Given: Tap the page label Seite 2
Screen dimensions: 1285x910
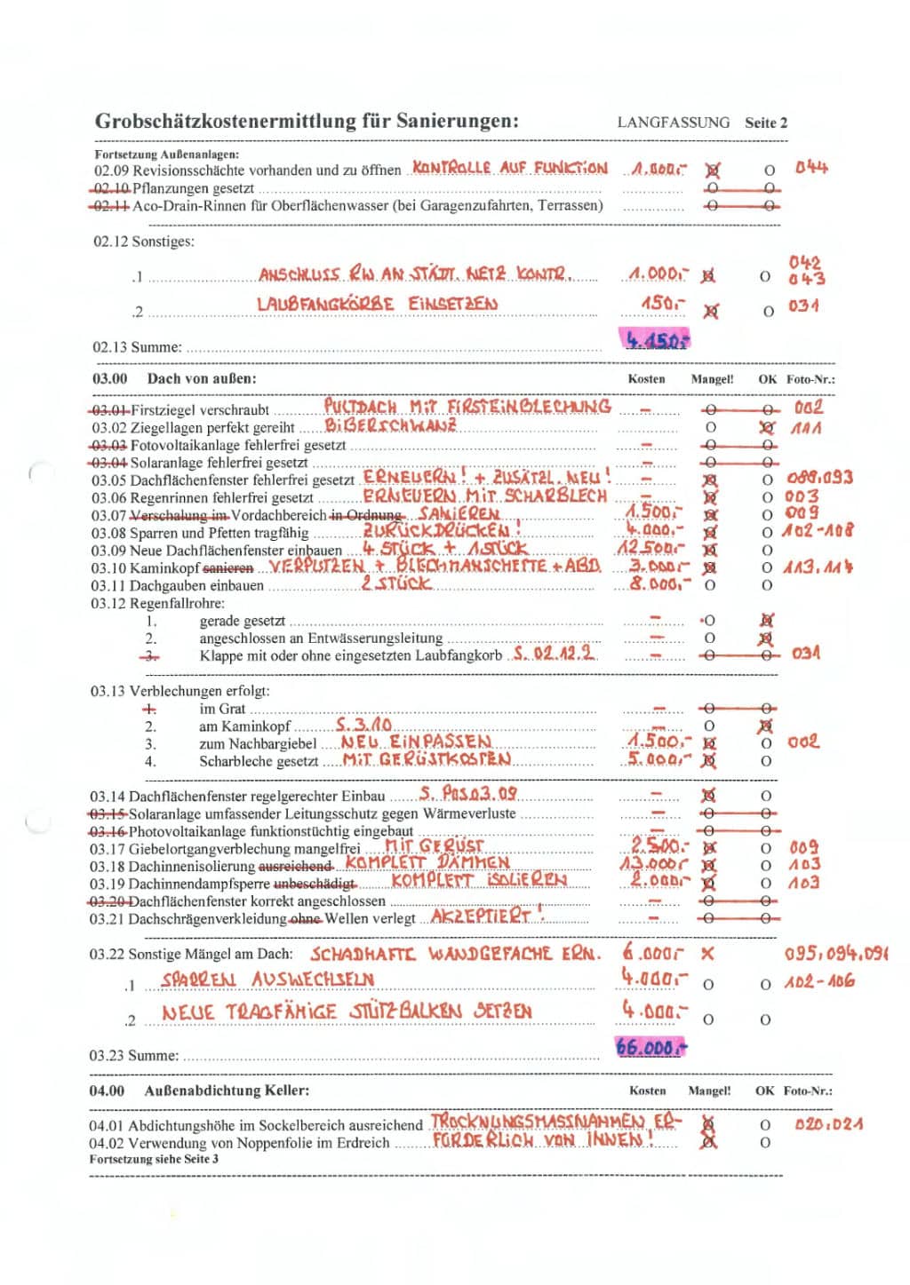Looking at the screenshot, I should tap(765, 123).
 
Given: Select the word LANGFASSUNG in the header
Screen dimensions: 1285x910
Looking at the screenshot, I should tap(673, 123).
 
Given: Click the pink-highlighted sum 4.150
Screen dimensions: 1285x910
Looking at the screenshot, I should tap(656, 339).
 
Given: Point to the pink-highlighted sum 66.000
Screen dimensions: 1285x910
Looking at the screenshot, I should tap(651, 1048).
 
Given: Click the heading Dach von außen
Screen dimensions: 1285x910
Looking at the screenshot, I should tap(202, 378).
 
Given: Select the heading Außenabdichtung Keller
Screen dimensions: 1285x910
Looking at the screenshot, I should tap(227, 1091).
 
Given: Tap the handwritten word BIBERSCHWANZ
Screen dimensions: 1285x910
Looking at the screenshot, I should tap(390, 425).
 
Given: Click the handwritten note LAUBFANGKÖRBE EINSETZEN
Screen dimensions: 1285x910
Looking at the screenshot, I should tap(377, 304).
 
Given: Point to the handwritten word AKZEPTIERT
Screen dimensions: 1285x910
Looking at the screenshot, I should tap(487, 915).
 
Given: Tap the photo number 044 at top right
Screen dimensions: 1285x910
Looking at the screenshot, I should tap(810, 167).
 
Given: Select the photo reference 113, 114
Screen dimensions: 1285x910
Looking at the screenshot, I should tap(818, 567).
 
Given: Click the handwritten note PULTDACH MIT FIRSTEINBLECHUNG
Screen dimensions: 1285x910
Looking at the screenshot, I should tap(467, 407).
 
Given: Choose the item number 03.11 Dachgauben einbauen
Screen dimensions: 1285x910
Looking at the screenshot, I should tap(109, 585).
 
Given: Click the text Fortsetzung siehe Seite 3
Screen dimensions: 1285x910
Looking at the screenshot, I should tap(153, 1159).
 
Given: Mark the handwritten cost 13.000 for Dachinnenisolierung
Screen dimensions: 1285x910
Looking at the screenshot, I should tap(653, 864).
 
